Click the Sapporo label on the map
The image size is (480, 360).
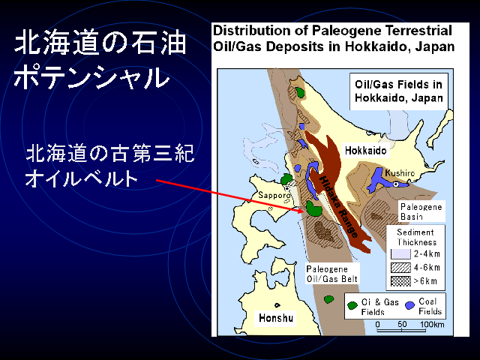click(274, 195)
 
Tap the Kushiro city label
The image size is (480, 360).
click(400, 173)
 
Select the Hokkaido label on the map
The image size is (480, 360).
click(365, 151)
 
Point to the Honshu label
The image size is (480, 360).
click(276, 318)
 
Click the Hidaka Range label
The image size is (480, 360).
click(338, 207)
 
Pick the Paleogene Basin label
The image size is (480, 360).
click(421, 211)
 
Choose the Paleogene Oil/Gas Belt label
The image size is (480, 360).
click(331, 274)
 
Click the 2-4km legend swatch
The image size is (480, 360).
click(400, 254)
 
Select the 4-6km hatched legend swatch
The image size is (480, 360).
click(400, 268)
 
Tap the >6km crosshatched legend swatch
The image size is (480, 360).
click(400, 281)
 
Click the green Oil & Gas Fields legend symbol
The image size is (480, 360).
click(352, 305)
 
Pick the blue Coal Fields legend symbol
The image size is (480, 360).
click(409, 305)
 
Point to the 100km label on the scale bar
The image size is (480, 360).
click(432, 324)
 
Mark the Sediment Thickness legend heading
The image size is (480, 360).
click(416, 237)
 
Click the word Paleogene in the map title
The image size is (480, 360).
click(347, 31)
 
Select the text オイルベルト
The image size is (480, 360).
click(82, 179)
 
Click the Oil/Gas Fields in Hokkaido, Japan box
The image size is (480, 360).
click(399, 91)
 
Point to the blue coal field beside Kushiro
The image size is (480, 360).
click(379, 181)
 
